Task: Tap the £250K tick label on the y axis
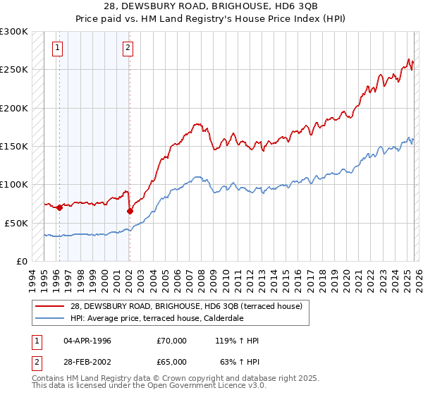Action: click(x=14, y=70)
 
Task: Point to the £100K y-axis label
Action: click(x=14, y=184)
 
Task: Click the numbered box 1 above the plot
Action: click(x=57, y=48)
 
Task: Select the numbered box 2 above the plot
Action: click(x=128, y=48)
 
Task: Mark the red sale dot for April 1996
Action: click(x=59, y=207)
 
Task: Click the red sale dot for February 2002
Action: click(x=130, y=211)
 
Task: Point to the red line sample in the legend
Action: click(x=50, y=306)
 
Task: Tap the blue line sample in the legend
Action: click(x=50, y=317)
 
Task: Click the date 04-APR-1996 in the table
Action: click(x=87, y=341)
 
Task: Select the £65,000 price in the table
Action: click(x=172, y=363)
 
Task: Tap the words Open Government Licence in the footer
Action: click(x=196, y=387)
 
